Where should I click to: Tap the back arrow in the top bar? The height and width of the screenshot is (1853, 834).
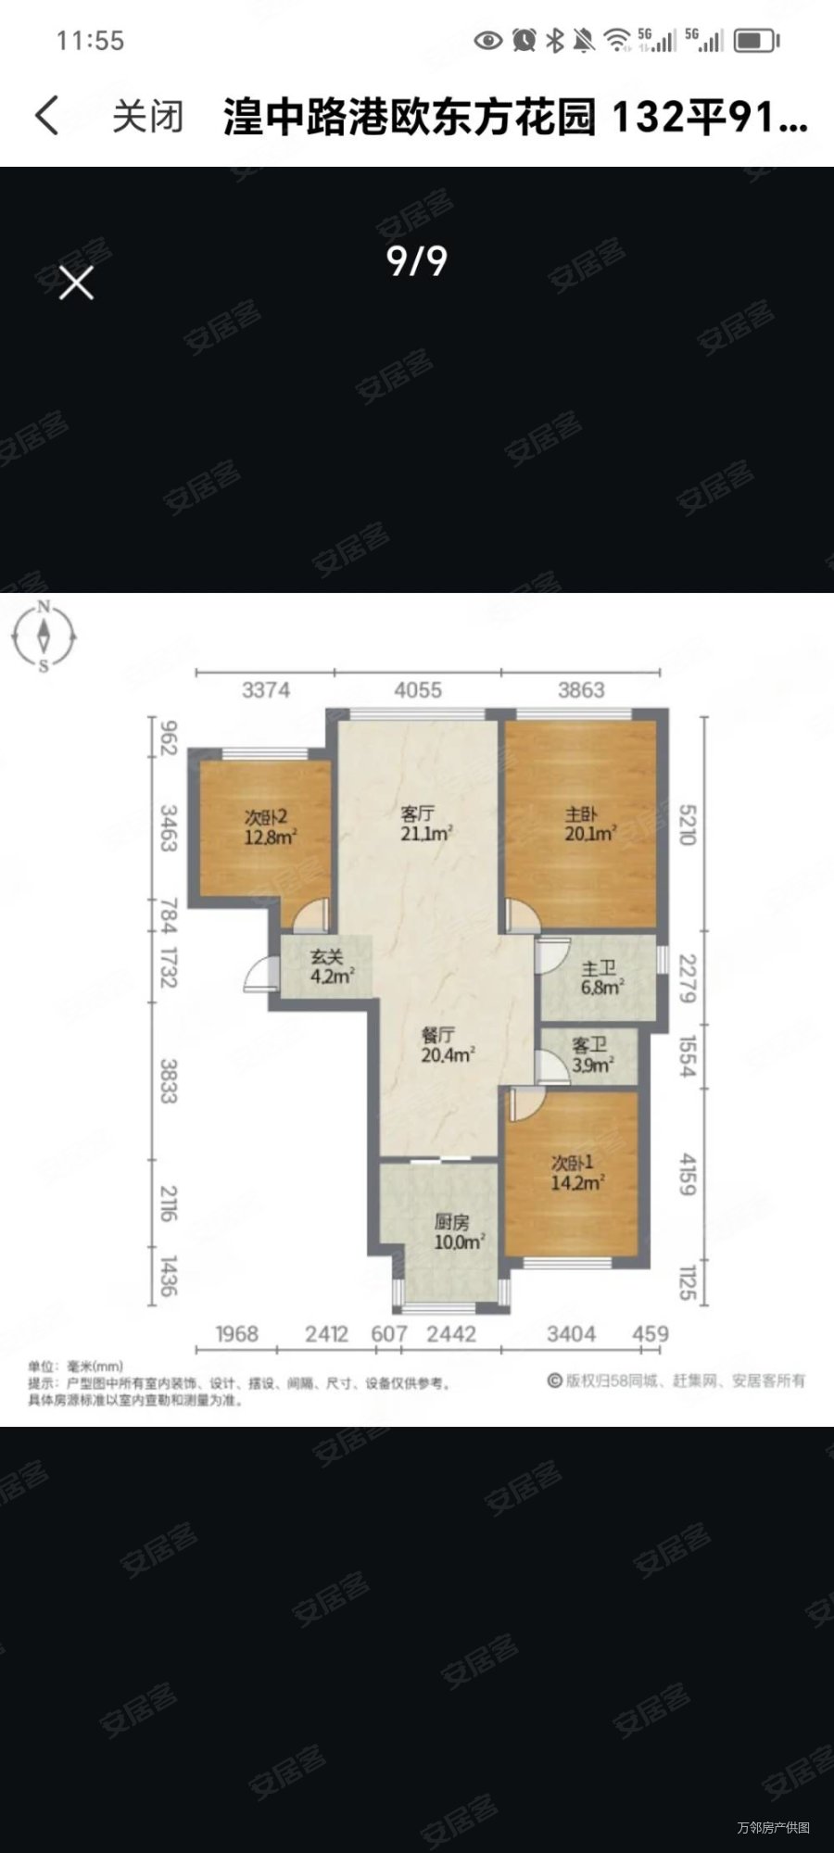point(46,117)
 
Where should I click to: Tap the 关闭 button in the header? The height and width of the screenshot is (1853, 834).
point(148,118)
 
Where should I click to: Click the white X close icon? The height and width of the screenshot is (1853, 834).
point(76,283)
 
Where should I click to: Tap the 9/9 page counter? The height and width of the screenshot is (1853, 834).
point(417,261)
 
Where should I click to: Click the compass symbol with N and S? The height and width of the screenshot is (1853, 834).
point(44,637)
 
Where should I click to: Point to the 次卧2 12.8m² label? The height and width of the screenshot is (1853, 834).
point(270,827)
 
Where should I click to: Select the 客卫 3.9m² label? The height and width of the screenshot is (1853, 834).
point(591,1055)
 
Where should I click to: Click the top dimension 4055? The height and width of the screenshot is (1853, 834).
point(418,690)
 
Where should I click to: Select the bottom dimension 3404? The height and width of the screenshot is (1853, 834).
point(571,1334)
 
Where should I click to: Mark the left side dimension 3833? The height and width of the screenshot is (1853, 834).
point(168,1081)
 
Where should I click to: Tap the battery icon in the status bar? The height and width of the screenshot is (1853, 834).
point(756,41)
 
